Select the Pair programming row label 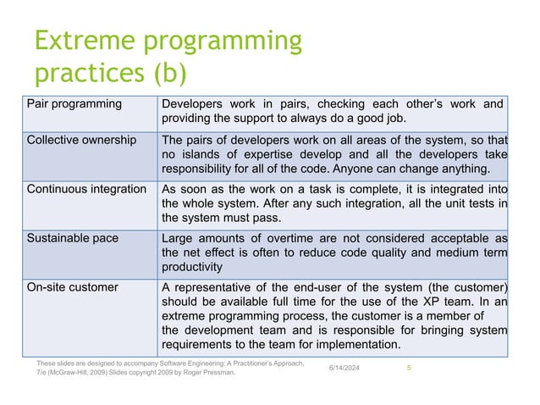pos(74,104)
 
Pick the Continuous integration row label pos(86,189)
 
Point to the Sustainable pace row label pos(73,238)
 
